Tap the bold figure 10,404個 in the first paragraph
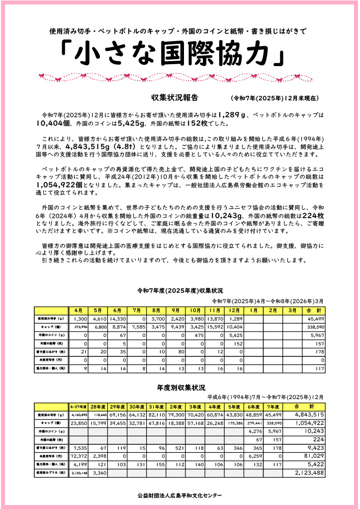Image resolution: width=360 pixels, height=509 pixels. [55, 123]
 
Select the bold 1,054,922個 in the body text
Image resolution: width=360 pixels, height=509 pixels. [60, 184]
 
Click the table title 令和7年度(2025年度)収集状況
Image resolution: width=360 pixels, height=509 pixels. [180, 290]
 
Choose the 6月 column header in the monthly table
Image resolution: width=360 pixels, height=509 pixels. [118, 310]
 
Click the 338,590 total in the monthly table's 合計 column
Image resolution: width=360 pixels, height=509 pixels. [316, 327]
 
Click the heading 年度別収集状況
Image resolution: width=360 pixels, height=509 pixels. [180, 387]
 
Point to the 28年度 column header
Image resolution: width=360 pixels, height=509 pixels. [97, 407]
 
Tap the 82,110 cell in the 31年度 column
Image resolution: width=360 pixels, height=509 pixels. [156, 415]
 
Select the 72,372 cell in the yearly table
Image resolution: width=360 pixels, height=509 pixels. [79, 455]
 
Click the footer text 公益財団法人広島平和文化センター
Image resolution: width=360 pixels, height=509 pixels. [180, 495]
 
